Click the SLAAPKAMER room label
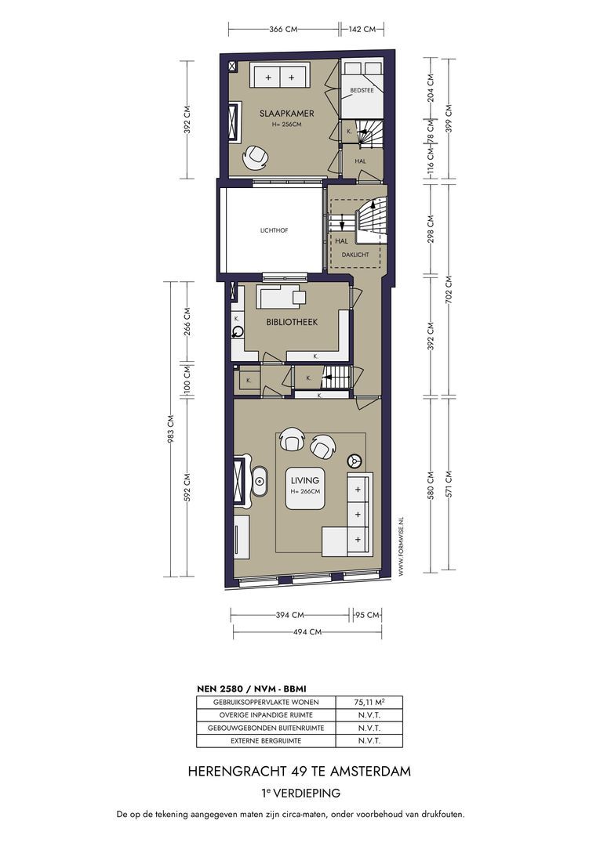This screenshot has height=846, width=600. (287, 114)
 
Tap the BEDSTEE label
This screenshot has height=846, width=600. (362, 90)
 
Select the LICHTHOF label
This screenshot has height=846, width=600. (274, 230)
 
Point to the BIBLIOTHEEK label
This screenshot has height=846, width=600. (292, 322)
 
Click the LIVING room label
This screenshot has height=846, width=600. (304, 480)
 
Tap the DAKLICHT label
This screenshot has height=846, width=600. (355, 254)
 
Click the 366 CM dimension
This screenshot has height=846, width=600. (283, 29)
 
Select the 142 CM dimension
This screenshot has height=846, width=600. (362, 29)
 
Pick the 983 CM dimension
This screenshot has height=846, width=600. (171, 428)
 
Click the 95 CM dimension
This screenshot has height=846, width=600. (367, 615)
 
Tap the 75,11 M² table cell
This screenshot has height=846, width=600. (369, 702)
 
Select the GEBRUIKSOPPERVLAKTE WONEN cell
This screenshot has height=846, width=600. (266, 702)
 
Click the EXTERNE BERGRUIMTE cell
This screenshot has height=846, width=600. (266, 741)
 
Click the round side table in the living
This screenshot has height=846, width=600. (355, 461)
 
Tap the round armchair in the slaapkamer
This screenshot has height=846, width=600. (256, 157)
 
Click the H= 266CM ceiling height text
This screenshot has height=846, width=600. (305, 491)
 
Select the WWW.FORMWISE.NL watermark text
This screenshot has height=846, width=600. (400, 547)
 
